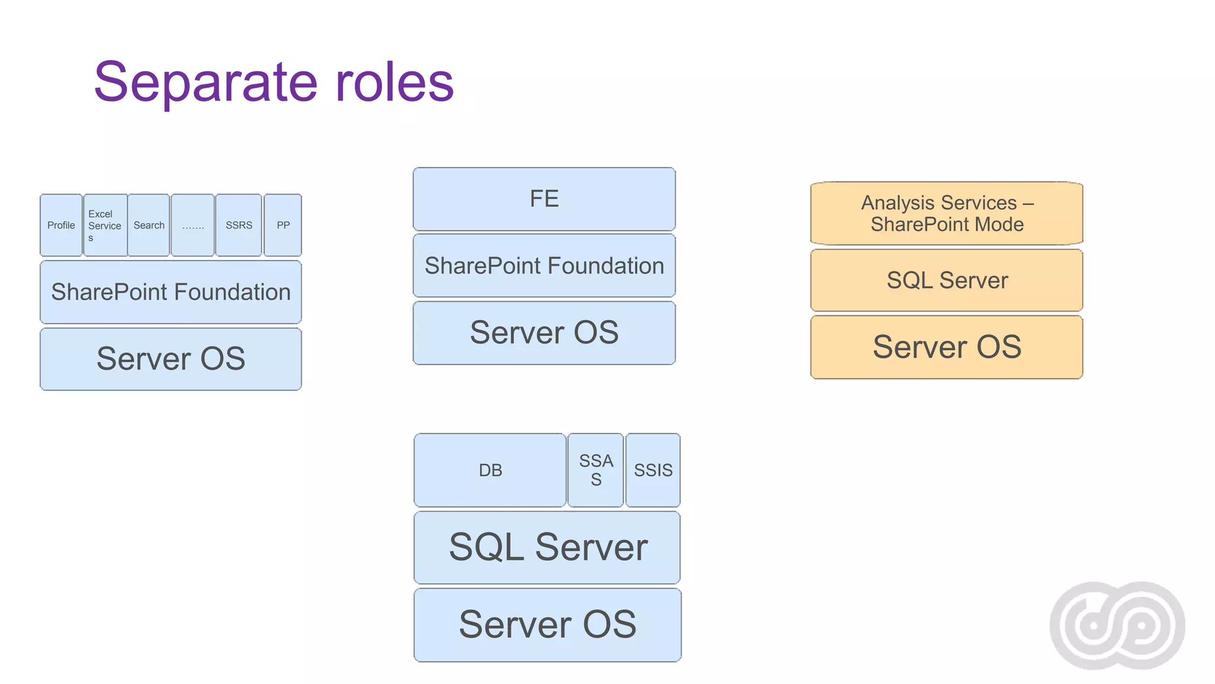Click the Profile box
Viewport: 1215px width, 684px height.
61,225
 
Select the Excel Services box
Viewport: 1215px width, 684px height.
105,225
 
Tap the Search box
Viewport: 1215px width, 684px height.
149,225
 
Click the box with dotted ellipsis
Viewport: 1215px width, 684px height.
193,225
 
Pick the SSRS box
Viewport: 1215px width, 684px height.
238,225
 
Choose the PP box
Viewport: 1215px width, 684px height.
283,225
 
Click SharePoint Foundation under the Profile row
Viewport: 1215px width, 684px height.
171,292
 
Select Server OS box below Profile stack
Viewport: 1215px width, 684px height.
171,359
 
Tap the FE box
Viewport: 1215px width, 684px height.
544,199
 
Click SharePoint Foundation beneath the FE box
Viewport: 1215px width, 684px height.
544,265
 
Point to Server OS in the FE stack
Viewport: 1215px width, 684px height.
544,332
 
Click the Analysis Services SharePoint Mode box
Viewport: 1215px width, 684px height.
947,213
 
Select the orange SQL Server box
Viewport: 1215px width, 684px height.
947,280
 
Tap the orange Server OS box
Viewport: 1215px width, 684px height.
947,347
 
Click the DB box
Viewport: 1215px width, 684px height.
490,470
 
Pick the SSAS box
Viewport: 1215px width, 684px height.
596,470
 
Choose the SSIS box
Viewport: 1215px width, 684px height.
653,470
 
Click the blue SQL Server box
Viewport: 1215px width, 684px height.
547,547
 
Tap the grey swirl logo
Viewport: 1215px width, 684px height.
1117,625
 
